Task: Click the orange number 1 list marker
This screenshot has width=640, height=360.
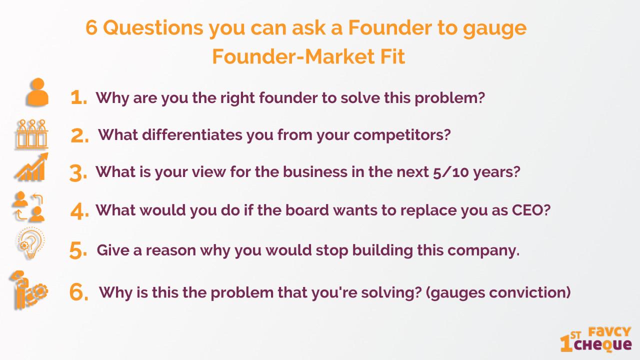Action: (x=78, y=97)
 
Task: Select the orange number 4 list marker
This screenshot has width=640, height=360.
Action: (x=79, y=211)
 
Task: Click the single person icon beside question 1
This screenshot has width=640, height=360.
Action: (x=37, y=92)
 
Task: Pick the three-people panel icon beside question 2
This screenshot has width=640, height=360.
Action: (x=31, y=134)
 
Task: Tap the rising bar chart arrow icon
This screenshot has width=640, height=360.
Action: (x=31, y=167)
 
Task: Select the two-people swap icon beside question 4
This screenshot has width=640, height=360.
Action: (x=28, y=206)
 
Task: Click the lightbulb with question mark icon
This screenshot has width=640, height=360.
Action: (x=31, y=243)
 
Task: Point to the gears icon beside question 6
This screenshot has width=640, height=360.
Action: (x=28, y=290)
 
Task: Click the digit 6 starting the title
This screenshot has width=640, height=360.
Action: (x=91, y=27)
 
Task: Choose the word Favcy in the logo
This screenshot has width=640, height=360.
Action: (x=609, y=332)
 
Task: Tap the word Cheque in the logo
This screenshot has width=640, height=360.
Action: (x=603, y=345)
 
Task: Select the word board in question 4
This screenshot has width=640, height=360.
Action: (x=307, y=210)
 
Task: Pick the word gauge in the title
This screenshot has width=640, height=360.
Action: (x=494, y=29)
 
